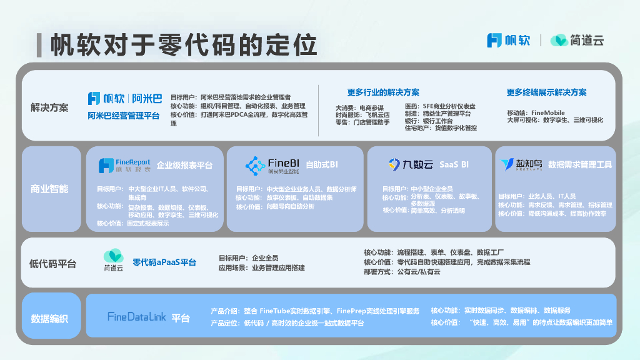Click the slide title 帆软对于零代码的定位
coord(184,45)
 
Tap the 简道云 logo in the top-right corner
coord(576,41)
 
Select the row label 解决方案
coord(49,107)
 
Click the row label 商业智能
coord(49,189)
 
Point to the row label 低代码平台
coord(52,264)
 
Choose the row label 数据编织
coord(49,319)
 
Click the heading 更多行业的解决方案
coord(383,92)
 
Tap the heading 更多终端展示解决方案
coord(546,92)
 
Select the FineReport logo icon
coord(106,166)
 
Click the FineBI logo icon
coord(255,165)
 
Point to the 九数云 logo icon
coord(394,164)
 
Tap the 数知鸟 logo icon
coord(507,164)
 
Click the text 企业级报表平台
coord(184,166)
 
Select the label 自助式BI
coord(322,165)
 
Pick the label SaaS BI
coord(454,165)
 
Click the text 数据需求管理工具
coord(579,165)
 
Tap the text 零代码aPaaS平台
coord(164,262)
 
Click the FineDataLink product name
coord(137,317)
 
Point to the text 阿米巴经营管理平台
coord(124,116)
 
